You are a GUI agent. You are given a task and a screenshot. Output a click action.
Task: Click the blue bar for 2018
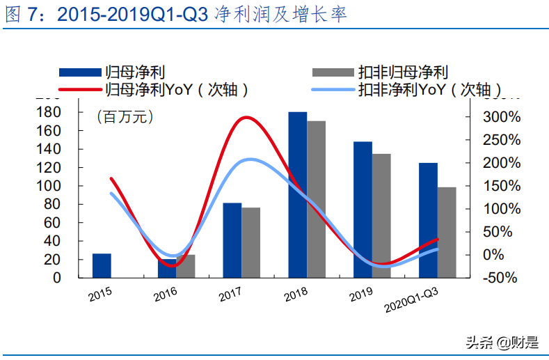coord(297,194)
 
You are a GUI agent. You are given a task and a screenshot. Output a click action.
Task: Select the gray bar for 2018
coord(316,199)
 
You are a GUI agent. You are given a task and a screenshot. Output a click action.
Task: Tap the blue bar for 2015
coord(102,265)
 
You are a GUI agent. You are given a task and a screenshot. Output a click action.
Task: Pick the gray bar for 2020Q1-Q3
coord(447,232)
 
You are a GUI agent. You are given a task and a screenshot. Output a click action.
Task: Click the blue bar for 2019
coord(363,209)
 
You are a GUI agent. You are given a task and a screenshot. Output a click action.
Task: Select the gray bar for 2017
coord(250,242)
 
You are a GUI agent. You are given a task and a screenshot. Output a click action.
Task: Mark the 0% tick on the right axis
coord(493,255)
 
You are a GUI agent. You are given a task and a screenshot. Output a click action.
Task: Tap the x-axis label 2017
coord(231,294)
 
